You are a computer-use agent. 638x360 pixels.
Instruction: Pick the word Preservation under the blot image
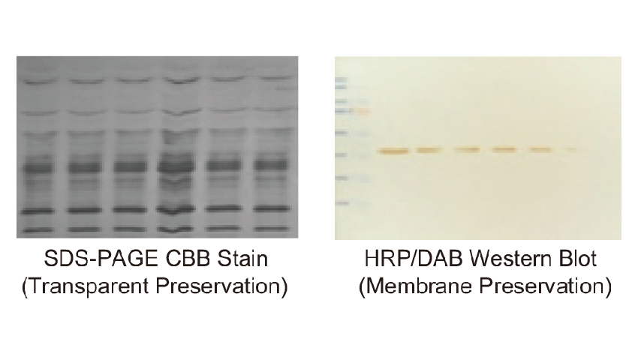click(545, 286)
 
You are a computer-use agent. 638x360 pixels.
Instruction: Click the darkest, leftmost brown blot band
click(393, 151)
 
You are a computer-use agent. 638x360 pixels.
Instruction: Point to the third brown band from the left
click(467, 150)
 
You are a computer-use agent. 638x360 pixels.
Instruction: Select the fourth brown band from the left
click(504, 150)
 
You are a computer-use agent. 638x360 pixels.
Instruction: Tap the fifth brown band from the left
click(541, 150)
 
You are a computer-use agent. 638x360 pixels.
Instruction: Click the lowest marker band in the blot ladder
click(342, 202)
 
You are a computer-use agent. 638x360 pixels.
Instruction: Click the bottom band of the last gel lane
click(272, 229)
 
